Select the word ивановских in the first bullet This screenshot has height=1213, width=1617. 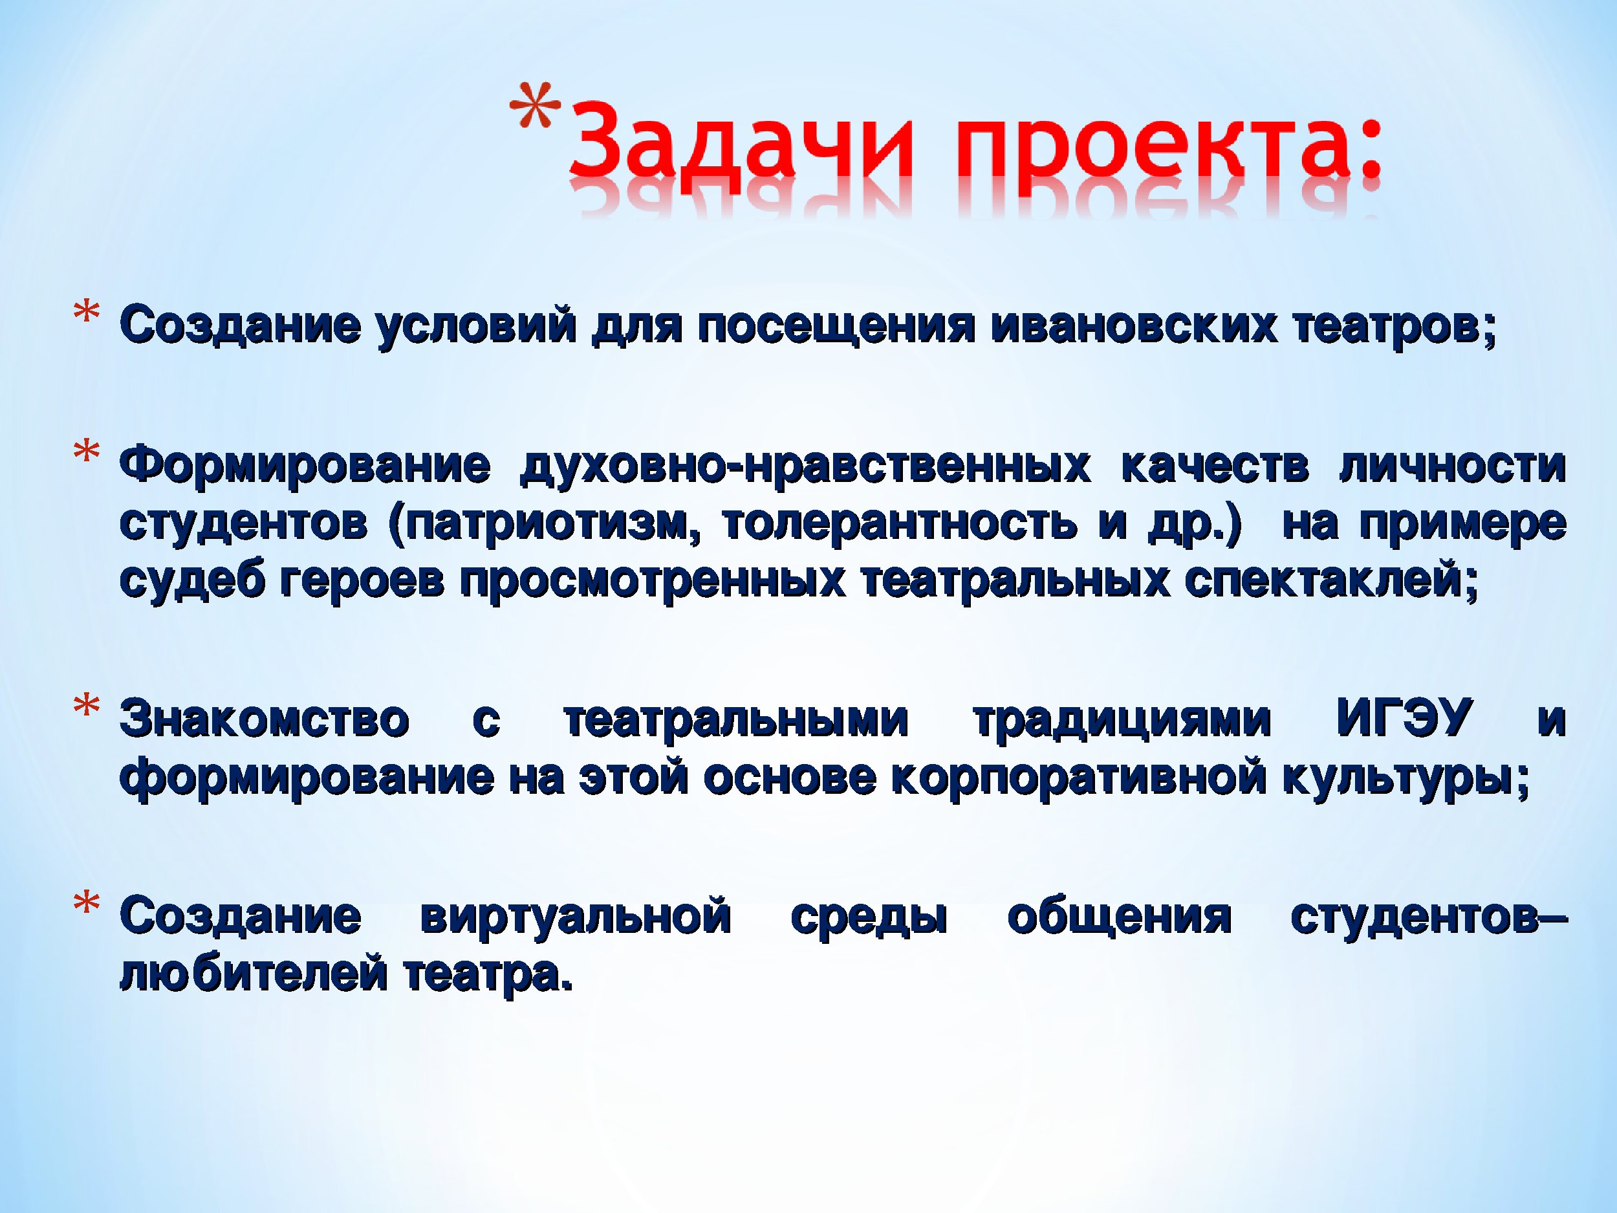[x=1134, y=327]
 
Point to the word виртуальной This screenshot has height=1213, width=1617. [x=576, y=920]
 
